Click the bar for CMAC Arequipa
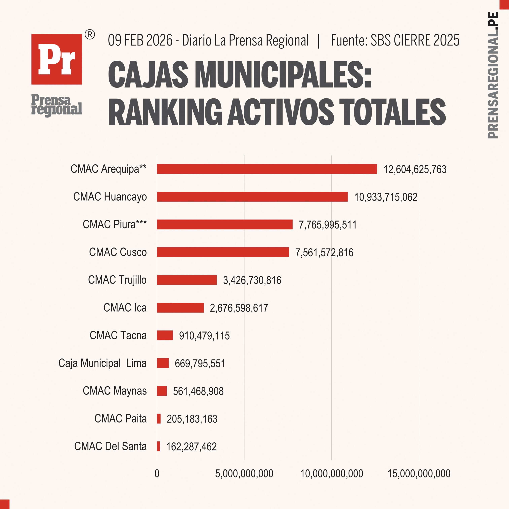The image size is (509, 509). click(267, 169)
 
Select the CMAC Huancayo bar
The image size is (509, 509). click(252, 196)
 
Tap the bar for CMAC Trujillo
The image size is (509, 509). click(187, 280)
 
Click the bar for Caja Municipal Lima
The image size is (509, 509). click(163, 363)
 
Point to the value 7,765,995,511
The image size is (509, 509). click(327, 225)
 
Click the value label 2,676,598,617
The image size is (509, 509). click(239, 308)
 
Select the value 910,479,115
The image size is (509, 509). click(204, 336)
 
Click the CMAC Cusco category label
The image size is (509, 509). click(118, 252)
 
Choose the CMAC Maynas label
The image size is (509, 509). click(115, 391)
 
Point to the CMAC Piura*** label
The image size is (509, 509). click(115, 224)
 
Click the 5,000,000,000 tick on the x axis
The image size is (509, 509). click(244, 474)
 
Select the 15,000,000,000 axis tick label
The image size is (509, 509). click(419, 474)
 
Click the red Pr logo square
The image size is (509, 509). click(57, 59)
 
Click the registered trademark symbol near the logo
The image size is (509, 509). click(90, 35)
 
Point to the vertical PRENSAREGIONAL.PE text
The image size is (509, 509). click(492, 75)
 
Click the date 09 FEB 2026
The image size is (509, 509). click(140, 40)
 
